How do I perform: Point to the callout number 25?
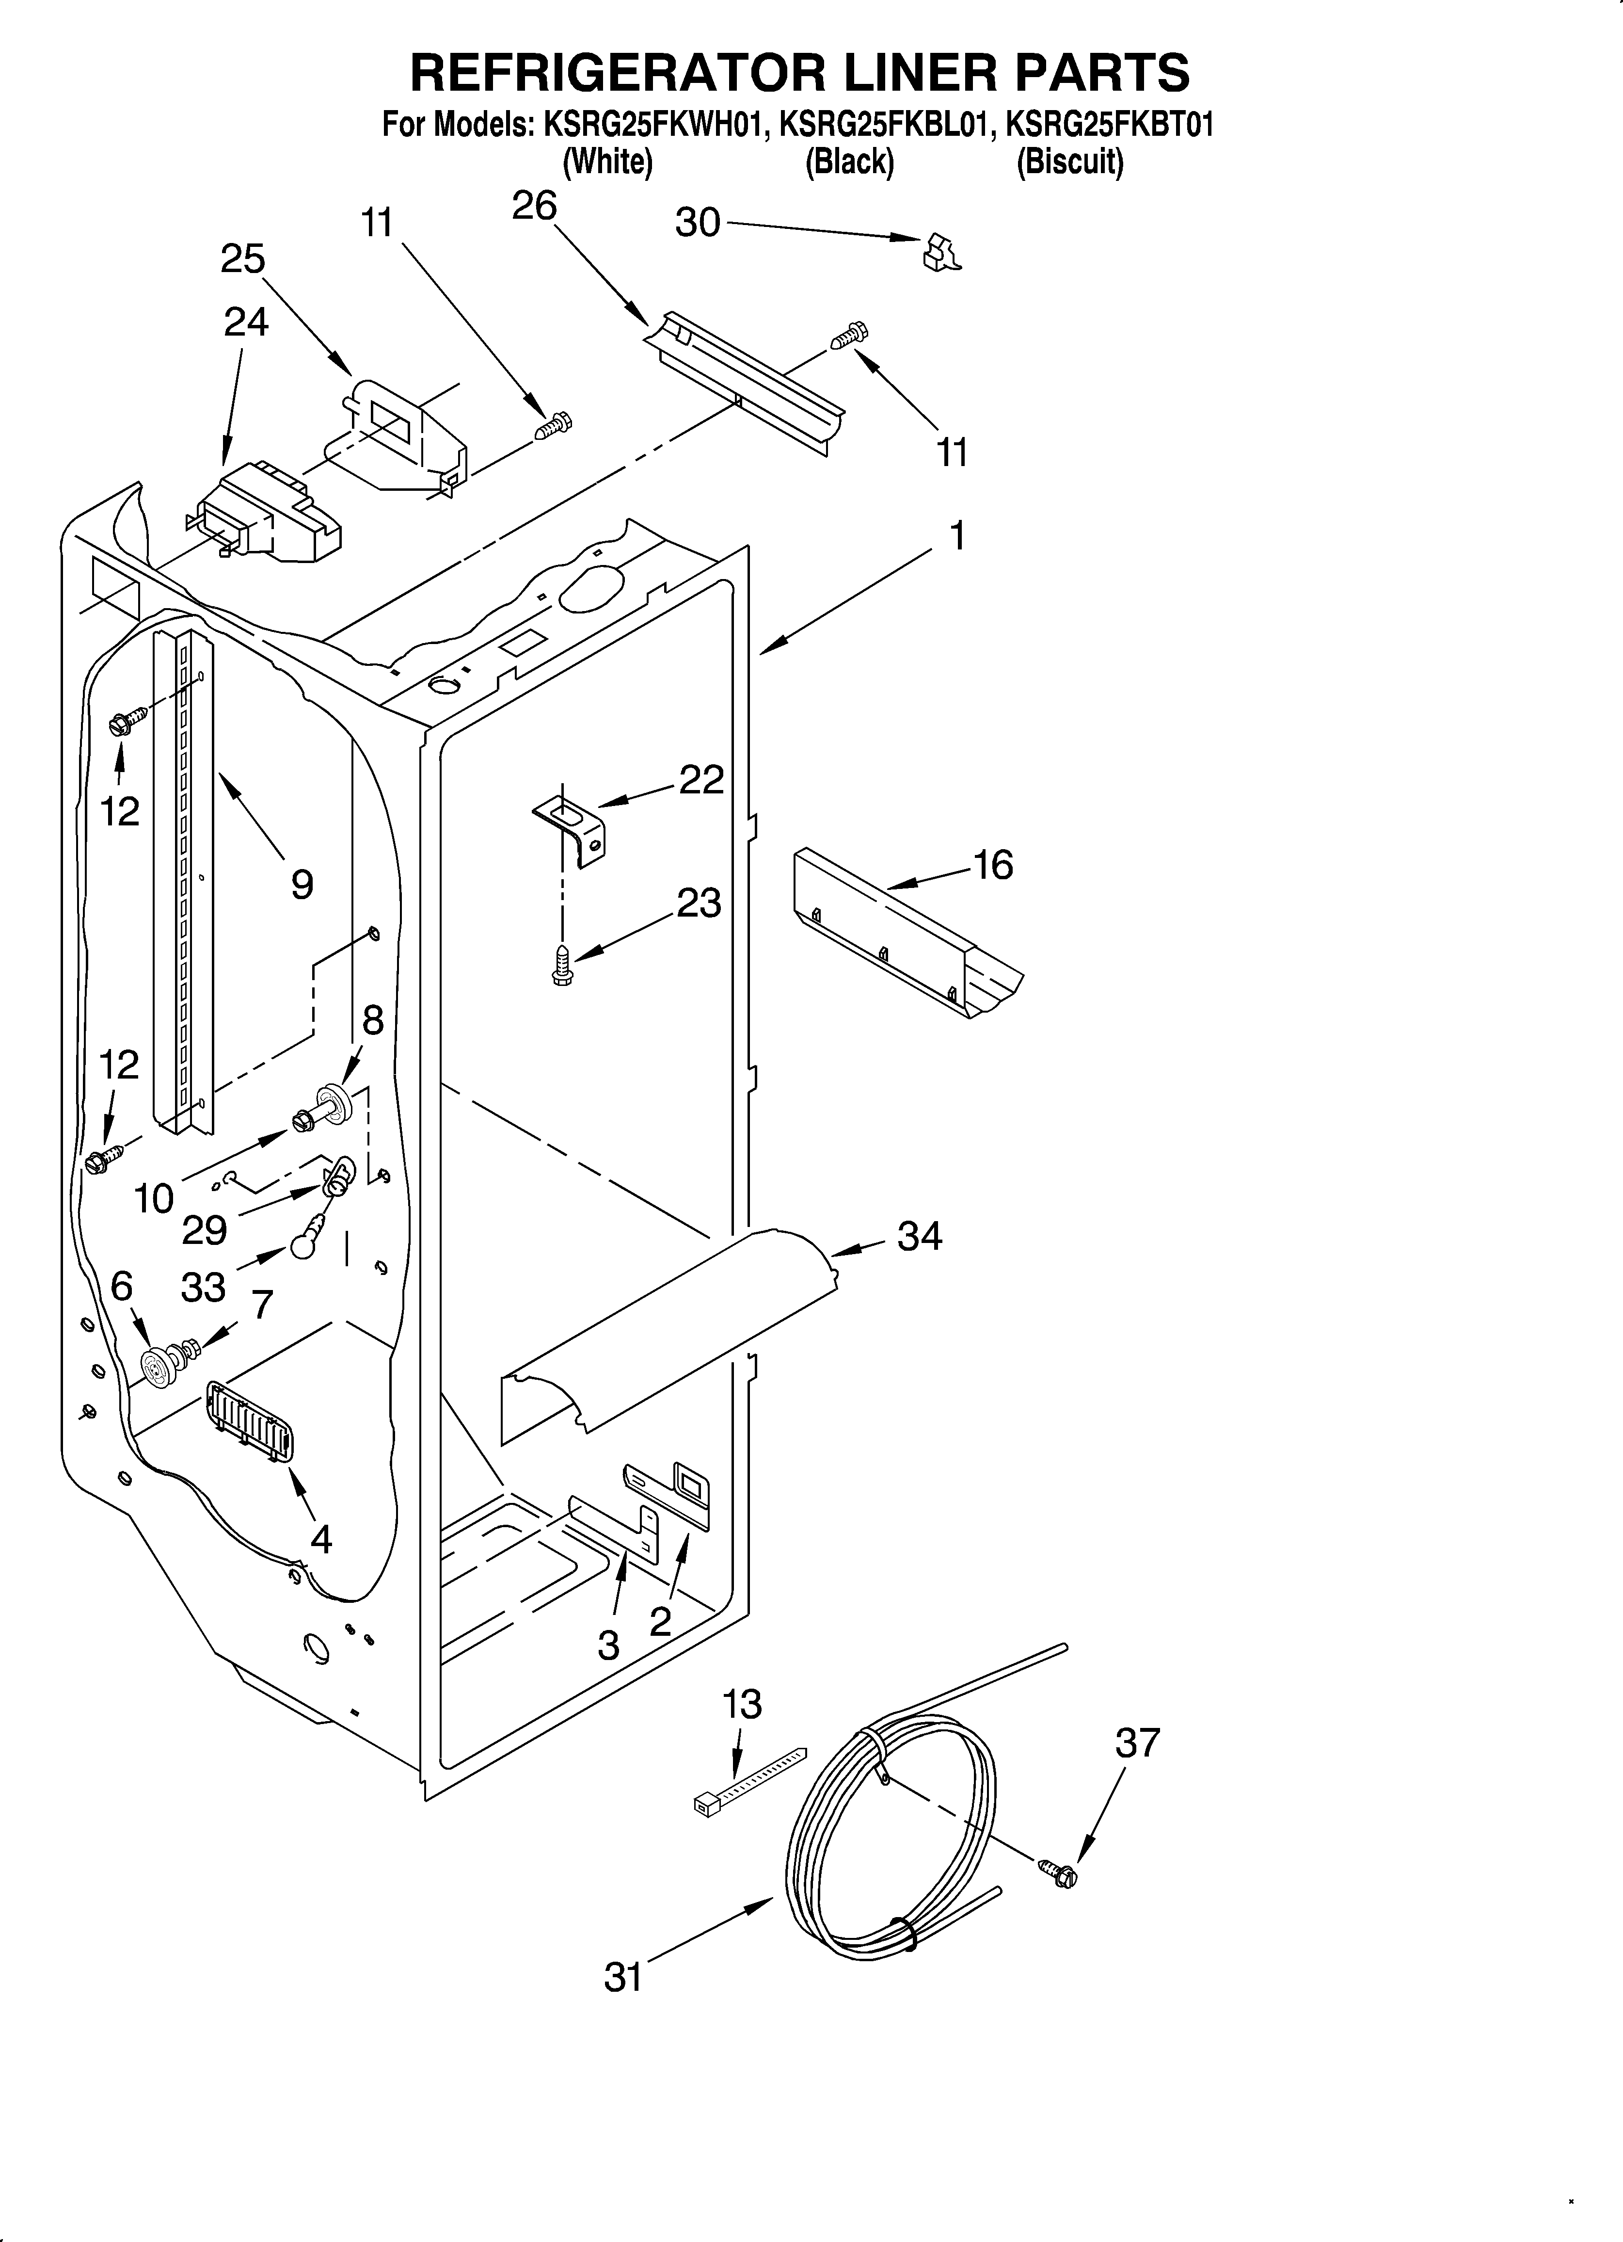[243, 259]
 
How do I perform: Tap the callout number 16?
[993, 865]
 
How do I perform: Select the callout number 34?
[919, 1236]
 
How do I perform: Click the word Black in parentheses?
[849, 161]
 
